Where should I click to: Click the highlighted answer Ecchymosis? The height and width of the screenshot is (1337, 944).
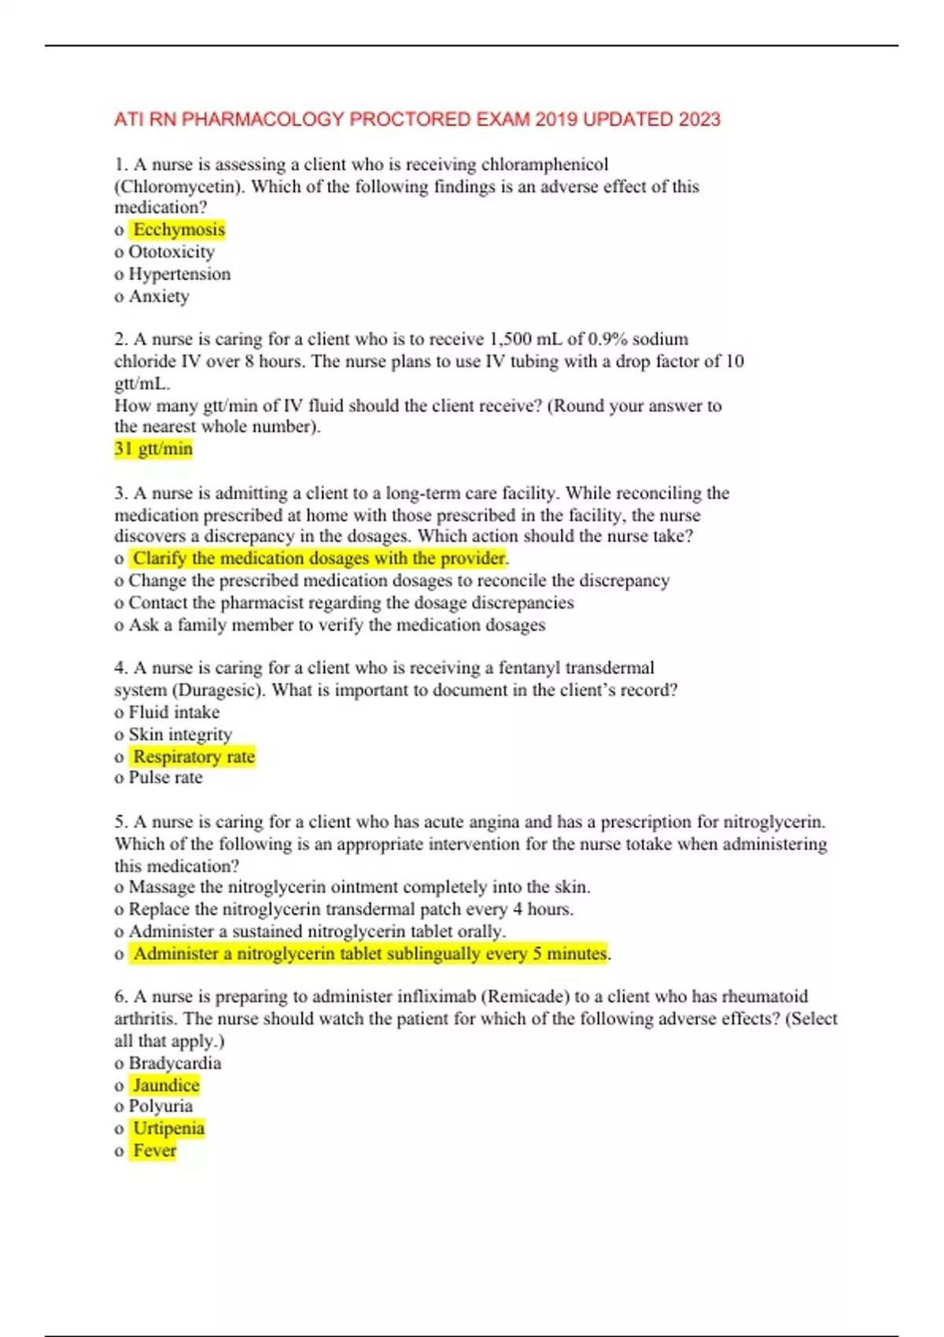tap(179, 230)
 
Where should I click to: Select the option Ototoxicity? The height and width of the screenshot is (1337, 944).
tap(171, 252)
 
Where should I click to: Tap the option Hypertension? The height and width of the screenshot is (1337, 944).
tap(179, 274)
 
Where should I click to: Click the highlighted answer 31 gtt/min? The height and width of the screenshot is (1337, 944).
tap(153, 448)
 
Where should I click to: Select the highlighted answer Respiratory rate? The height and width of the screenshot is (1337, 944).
tap(194, 757)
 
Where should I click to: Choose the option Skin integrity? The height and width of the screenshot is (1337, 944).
tap(180, 735)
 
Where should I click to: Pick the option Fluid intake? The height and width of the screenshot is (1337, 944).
tap(174, 713)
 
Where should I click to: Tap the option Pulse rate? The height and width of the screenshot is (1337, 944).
tap(165, 778)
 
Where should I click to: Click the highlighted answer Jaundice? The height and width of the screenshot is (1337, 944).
tap(166, 1085)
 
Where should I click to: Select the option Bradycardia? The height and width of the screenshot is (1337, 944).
tap(175, 1063)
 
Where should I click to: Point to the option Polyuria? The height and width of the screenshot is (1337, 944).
tap(160, 1107)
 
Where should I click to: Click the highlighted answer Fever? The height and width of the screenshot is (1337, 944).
tap(154, 1151)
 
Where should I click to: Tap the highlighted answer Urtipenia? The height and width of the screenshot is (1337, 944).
tap(168, 1129)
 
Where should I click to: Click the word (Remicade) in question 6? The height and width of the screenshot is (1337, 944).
tap(525, 996)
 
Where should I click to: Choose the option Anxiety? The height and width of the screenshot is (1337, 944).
tap(159, 296)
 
